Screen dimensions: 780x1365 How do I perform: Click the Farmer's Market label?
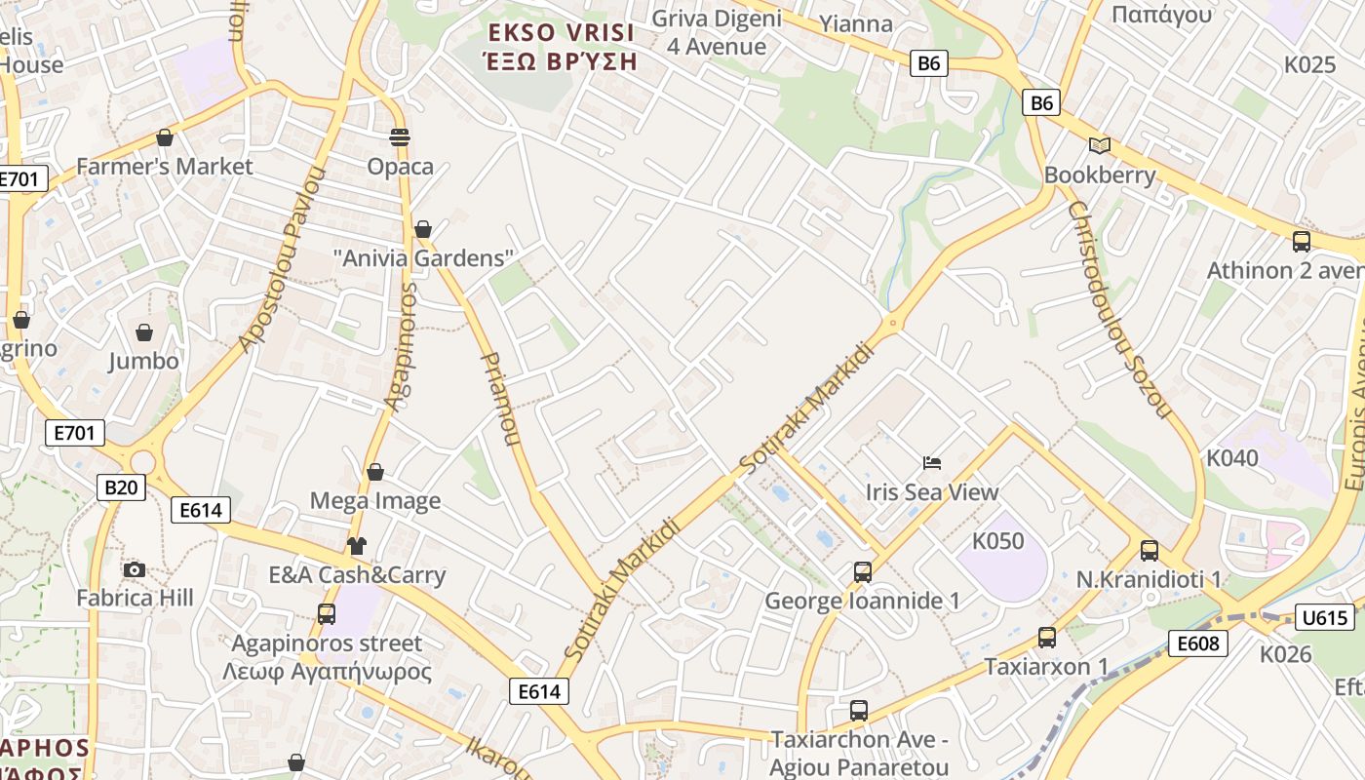(164, 167)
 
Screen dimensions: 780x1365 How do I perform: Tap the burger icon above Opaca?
(399, 136)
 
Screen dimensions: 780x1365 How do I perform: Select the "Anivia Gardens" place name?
(423, 258)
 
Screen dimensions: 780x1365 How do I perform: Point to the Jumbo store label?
(143, 361)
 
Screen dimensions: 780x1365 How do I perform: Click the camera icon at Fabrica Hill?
(135, 569)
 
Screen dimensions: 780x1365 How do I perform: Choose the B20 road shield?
(121, 487)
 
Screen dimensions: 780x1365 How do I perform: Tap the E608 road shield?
(1197, 643)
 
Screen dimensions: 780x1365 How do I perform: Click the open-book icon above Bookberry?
(1100, 146)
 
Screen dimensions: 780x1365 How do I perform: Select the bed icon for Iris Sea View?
(932, 462)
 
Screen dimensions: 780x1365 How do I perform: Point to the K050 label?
(998, 541)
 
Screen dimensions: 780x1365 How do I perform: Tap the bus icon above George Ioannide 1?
(862, 572)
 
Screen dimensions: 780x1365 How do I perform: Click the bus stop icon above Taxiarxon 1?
(1046, 638)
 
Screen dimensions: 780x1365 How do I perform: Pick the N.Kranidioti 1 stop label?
(1149, 580)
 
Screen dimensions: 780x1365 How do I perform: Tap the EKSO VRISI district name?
(562, 33)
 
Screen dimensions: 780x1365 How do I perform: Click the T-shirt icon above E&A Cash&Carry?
(357, 546)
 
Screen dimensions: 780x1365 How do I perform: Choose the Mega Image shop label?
(375, 501)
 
